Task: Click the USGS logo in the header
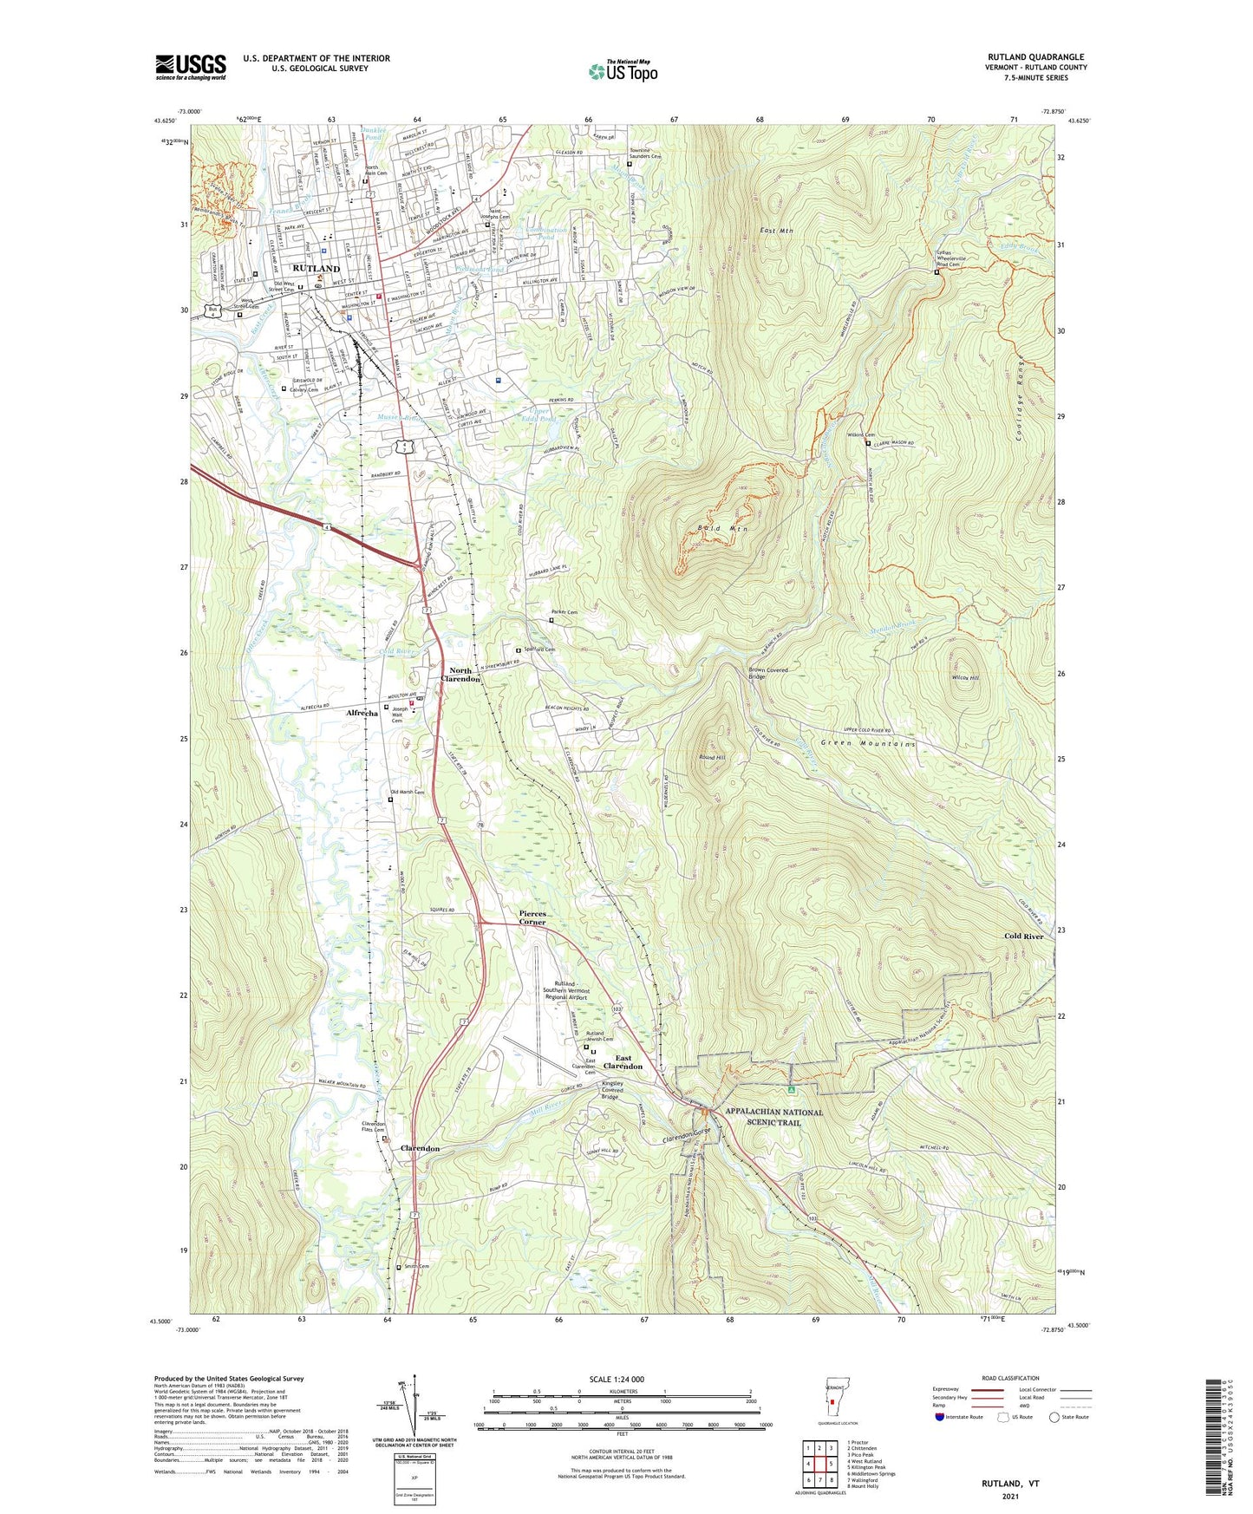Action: pos(191,66)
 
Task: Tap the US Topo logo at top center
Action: pos(623,70)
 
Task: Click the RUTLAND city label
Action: pos(317,269)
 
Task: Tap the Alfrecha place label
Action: pos(362,713)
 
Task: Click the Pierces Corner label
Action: pos(532,917)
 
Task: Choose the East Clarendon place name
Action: pos(629,1062)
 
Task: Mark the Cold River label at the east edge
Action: pos(1023,936)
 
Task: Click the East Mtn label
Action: pos(776,231)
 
